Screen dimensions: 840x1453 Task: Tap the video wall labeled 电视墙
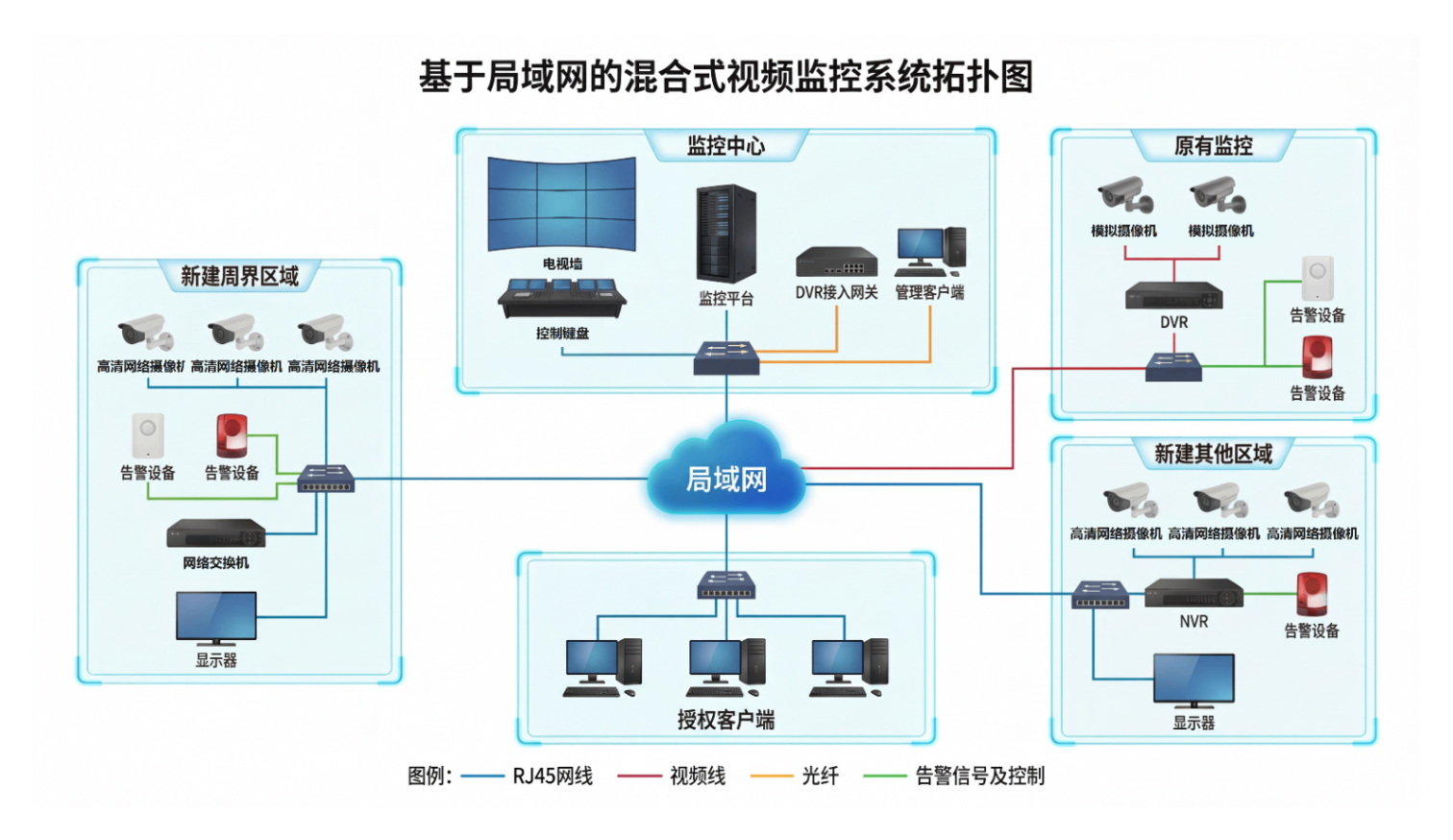562,205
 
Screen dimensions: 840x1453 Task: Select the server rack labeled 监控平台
726,235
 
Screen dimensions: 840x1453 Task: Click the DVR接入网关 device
836,262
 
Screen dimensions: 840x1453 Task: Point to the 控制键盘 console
562,298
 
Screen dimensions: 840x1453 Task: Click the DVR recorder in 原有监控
1173,295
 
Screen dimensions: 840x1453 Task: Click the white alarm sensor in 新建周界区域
148,436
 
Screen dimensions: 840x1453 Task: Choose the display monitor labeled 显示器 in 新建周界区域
216,618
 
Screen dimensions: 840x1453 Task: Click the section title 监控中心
726,146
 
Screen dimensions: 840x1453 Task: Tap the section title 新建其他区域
1213,454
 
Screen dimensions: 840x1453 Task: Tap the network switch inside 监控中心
726,358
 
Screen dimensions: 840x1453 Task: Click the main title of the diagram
726,77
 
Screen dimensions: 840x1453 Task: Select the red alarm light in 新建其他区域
1312,593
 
